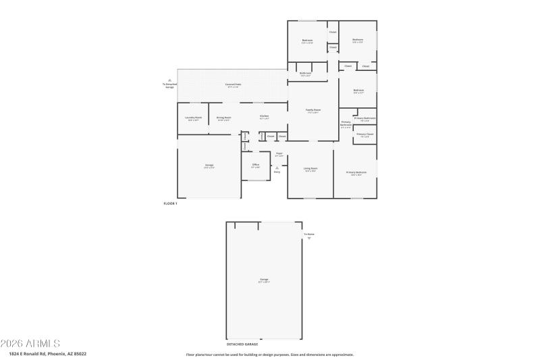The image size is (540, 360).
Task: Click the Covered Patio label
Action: (234, 84)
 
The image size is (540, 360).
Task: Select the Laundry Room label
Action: (193, 118)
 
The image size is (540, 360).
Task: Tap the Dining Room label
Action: (224, 118)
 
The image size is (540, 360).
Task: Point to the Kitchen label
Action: (265, 116)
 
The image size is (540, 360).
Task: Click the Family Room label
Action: (313, 110)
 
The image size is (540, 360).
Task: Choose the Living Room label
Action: (310, 169)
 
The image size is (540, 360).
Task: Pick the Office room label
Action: (256, 165)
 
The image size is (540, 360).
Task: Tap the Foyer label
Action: (279, 154)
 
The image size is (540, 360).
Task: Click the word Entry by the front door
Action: (277, 172)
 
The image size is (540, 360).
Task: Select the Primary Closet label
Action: (364, 134)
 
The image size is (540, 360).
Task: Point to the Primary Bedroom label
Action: (356, 172)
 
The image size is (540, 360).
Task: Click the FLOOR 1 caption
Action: (170, 203)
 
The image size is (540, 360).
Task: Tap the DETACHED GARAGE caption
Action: (242, 344)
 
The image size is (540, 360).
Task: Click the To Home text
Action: (308, 234)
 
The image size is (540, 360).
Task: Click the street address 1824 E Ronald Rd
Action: (47, 353)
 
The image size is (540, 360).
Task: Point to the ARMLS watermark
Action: (30, 343)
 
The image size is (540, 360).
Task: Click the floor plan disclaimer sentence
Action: (269, 354)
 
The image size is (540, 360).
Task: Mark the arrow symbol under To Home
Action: (309, 239)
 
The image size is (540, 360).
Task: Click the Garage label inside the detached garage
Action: (264, 279)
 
